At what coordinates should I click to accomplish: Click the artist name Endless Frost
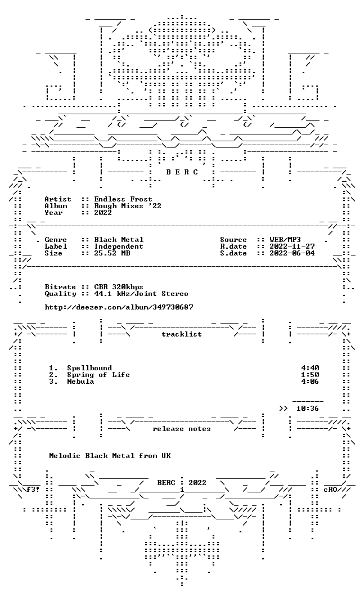pyautogui.click(x=123, y=199)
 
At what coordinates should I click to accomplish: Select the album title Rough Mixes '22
pyautogui.click(x=128, y=206)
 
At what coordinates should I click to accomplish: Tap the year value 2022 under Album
pyautogui.click(x=103, y=213)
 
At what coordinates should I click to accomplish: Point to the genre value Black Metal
pyautogui.click(x=119, y=240)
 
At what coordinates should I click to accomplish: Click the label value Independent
pyautogui.click(x=119, y=246)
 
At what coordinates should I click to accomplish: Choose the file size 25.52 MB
pyautogui.click(x=112, y=253)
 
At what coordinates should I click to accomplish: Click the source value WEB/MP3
pyautogui.click(x=285, y=240)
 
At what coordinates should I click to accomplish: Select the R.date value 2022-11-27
pyautogui.click(x=292, y=246)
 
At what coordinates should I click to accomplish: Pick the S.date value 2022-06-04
pyautogui.click(x=292, y=253)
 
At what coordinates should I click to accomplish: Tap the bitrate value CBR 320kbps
pyautogui.click(x=119, y=287)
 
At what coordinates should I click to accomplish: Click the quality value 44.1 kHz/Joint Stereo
pyautogui.click(x=141, y=294)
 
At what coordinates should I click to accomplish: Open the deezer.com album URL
pyautogui.click(x=119, y=307)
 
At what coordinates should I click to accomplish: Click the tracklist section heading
pyautogui.click(x=182, y=334)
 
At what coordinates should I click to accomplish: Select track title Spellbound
pyautogui.click(x=89, y=369)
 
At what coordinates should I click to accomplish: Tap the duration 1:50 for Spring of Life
pyautogui.click(x=310, y=375)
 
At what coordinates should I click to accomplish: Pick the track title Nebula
pyautogui.click(x=80, y=382)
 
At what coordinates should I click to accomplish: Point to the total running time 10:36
pyautogui.click(x=308, y=409)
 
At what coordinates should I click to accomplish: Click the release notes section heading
pyautogui.click(x=182, y=429)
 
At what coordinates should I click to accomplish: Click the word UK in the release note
pyautogui.click(x=166, y=456)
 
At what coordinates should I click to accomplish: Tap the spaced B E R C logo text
pyautogui.click(x=182, y=172)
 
